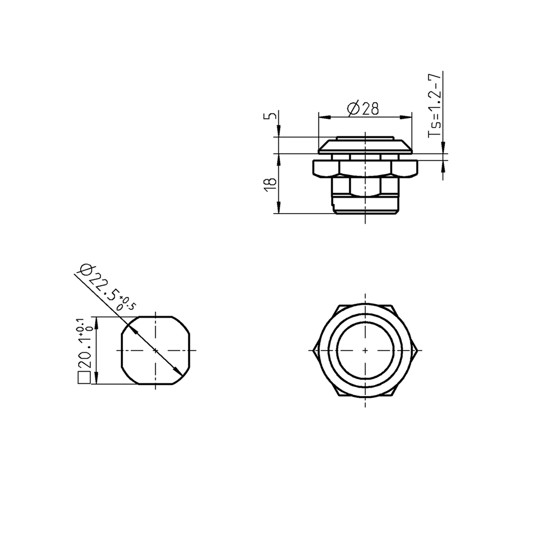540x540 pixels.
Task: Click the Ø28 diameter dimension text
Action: pos(363,109)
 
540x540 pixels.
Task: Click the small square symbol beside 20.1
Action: pos(83,378)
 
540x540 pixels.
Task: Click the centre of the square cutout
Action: pos(156,350)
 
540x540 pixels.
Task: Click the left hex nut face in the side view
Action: pos(325,168)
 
